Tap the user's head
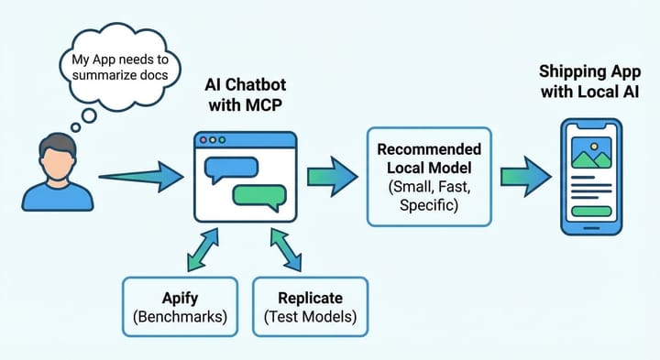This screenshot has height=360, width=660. point(57,157)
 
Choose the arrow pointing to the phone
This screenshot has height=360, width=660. point(523,175)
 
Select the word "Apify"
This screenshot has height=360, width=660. point(177,298)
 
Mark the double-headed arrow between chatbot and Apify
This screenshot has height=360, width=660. point(204,249)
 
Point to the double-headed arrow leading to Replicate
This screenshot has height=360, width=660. point(286,249)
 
